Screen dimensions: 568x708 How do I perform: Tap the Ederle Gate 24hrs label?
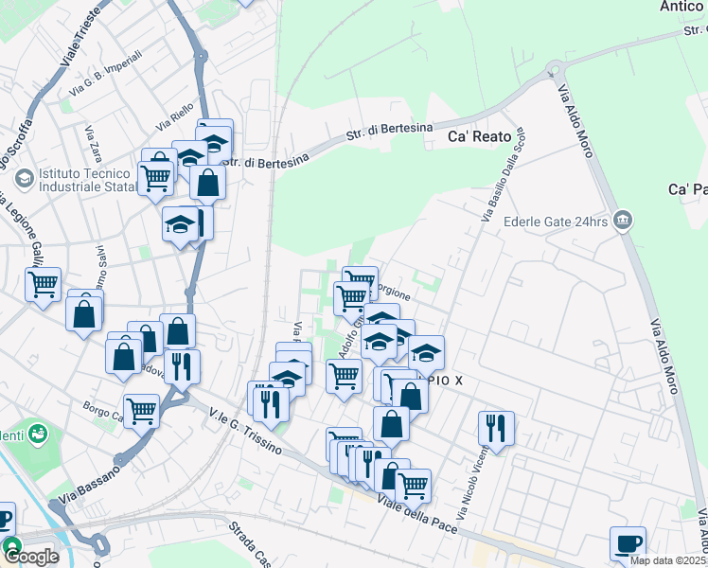pos(554,222)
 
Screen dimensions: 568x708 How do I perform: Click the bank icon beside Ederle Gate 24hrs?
pos(623,221)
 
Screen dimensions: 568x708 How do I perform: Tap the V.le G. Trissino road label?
pos(248,431)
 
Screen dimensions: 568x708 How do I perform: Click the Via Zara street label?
pos(93,143)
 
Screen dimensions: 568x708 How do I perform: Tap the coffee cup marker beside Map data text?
pos(628,543)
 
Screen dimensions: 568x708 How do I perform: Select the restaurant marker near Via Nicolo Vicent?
pos(496,428)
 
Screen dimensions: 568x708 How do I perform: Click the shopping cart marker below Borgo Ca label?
pos(141,412)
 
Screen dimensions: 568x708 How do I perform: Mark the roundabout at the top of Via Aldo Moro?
pos(551,70)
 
